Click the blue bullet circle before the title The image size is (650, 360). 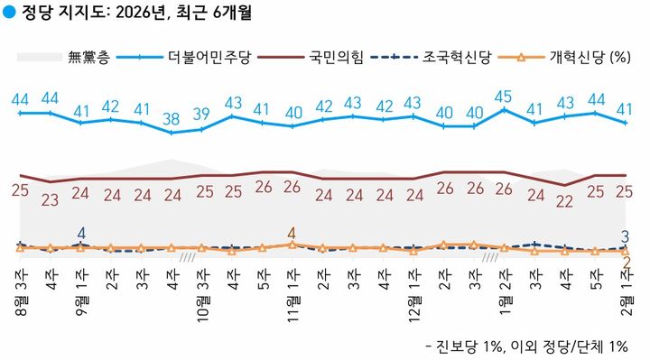(x=9, y=14)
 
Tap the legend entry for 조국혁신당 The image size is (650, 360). (x=450, y=57)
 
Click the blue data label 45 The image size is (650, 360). (x=504, y=97)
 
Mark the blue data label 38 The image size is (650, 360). (x=172, y=118)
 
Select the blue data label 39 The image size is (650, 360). (x=202, y=114)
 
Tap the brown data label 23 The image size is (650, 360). (x=51, y=198)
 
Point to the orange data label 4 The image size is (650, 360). (x=292, y=232)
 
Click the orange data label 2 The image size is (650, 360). (x=625, y=263)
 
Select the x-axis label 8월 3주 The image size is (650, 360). (x=20, y=291)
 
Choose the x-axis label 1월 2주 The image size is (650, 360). (x=504, y=291)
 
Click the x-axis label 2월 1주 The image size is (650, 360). (x=625, y=291)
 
